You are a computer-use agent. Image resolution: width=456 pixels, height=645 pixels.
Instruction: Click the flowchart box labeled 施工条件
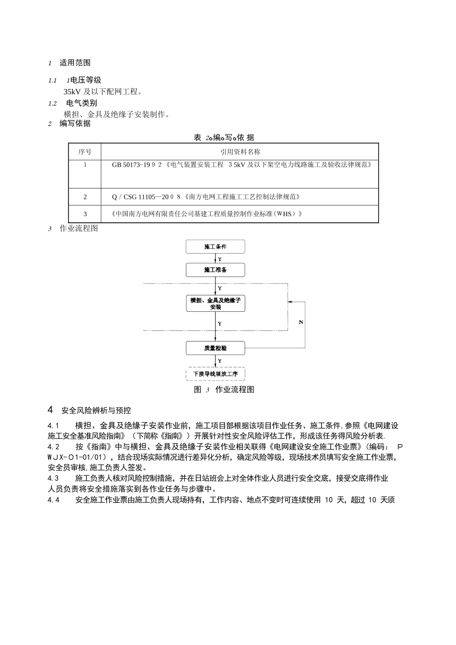(x=215, y=247)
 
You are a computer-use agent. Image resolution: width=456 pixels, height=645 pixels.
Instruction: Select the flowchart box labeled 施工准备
(x=215, y=270)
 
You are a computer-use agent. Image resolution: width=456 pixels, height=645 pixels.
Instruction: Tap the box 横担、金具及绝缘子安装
(x=215, y=304)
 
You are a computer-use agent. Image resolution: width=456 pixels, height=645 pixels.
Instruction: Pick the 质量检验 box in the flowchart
(x=215, y=348)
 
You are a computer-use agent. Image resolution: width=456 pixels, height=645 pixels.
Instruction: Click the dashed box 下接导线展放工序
(x=215, y=374)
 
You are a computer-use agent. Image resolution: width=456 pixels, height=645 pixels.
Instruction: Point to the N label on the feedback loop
(x=301, y=322)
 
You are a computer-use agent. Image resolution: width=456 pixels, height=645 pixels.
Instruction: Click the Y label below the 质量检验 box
(x=220, y=361)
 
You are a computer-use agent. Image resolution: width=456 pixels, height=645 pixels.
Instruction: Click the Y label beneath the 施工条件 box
(x=220, y=259)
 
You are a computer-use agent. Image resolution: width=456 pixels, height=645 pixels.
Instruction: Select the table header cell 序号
(x=85, y=152)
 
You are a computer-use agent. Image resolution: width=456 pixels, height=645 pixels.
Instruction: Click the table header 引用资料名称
(x=240, y=152)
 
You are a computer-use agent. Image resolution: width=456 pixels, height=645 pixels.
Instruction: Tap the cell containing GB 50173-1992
(x=242, y=165)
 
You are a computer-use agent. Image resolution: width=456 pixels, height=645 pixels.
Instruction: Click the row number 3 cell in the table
(x=85, y=214)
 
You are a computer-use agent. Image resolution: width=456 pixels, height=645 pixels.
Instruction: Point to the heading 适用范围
(x=75, y=63)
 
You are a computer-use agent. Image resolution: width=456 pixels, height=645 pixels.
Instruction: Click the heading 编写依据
(x=75, y=123)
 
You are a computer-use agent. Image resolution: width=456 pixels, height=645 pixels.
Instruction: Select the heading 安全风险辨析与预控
(x=96, y=411)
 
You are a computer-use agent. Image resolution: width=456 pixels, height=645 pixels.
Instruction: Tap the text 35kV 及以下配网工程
(x=103, y=92)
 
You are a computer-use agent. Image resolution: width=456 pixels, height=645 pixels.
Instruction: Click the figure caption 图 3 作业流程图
(x=224, y=389)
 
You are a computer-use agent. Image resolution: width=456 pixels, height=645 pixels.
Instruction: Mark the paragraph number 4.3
(x=53, y=478)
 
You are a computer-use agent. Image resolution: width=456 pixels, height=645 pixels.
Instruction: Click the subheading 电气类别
(x=82, y=103)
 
